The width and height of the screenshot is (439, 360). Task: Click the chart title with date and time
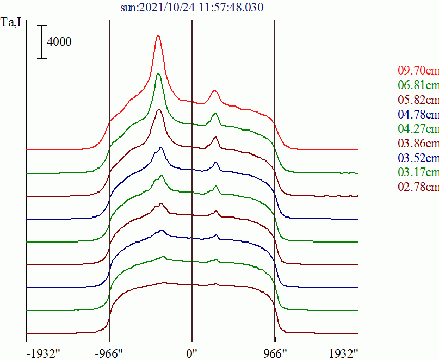[x=193, y=8]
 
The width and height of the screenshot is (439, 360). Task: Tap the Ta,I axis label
[x=11, y=23]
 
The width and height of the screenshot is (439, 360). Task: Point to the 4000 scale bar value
[x=59, y=41]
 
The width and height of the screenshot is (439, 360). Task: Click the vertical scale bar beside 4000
[x=42, y=41]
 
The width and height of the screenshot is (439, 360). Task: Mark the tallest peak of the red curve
[x=158, y=36]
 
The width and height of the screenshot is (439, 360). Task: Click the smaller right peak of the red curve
[x=214, y=91]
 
